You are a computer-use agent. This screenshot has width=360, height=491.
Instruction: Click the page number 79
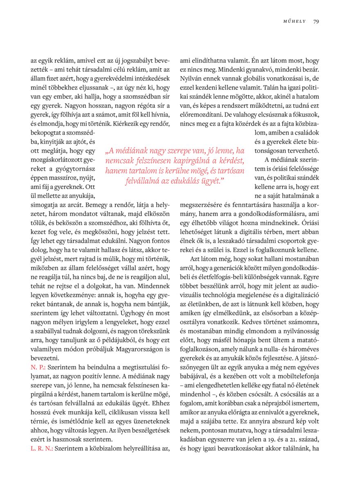316,21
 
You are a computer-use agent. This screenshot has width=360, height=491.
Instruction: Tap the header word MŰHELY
294,21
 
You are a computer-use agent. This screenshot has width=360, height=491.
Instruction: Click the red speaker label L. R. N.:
42,448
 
